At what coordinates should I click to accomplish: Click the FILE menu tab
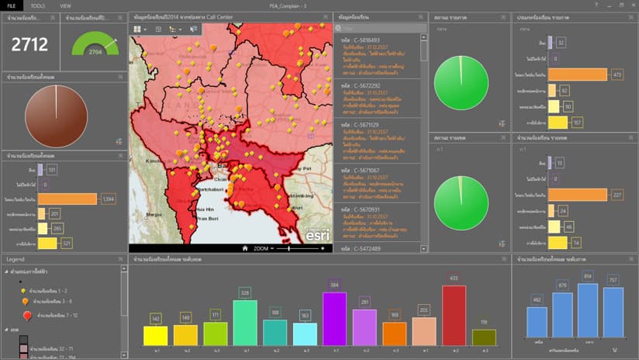tap(11, 5)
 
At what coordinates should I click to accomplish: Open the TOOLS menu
tap(37, 5)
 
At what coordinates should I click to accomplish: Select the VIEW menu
tap(65, 5)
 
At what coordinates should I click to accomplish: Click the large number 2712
tap(29, 44)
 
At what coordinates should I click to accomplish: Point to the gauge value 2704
tap(95, 52)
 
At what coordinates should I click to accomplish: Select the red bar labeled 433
tap(454, 315)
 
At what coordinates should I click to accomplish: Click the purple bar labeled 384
tap(334, 319)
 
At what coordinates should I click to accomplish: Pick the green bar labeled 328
tap(244, 322)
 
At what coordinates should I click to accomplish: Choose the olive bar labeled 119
tap(484, 337)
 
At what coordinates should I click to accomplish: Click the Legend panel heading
tap(16, 258)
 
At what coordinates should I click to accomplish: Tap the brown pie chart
tap(56, 116)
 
